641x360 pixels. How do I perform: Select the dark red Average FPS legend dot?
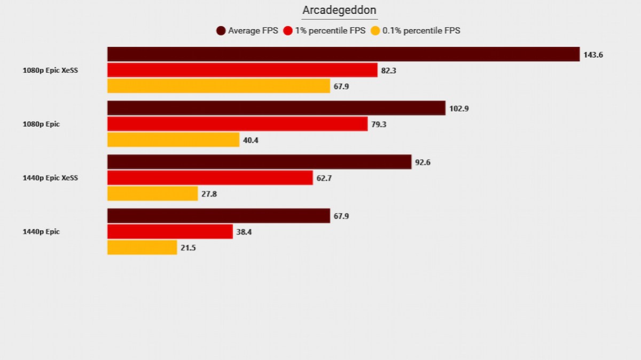point(221,31)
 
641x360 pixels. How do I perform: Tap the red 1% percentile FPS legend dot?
point(288,31)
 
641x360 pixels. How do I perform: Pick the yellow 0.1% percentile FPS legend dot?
point(375,31)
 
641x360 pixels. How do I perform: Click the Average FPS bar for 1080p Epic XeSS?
point(343,54)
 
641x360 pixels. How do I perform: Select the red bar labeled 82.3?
point(242,70)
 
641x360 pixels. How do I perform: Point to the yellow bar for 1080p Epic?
point(173,140)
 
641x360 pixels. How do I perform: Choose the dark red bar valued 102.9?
point(276,108)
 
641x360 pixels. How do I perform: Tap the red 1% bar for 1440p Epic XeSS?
point(210,178)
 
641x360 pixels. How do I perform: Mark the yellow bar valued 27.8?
point(152,194)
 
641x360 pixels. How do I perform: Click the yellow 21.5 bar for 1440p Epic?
point(142,247)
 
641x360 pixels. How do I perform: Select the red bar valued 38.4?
point(170,232)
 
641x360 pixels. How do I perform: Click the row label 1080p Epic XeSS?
point(50,70)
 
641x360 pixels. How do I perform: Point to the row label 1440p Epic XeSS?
point(50,178)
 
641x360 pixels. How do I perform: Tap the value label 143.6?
point(593,54)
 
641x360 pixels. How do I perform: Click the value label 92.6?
point(422,162)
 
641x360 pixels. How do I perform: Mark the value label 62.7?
point(324,178)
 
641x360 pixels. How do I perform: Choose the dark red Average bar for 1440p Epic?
point(218,216)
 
